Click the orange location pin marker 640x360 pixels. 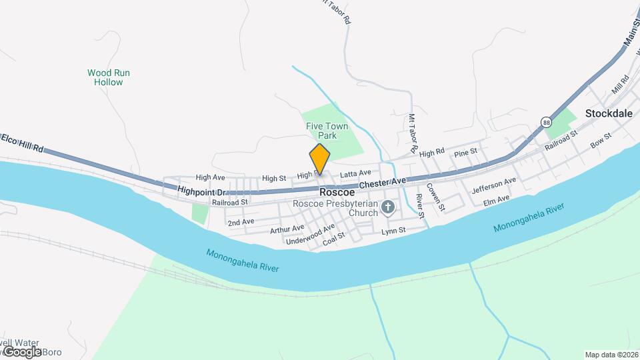click(320, 159)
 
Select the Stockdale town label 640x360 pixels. click(608, 113)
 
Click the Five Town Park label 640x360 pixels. click(327, 131)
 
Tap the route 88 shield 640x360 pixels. click(547, 123)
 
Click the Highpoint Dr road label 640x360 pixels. click(203, 191)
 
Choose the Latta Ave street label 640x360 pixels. click(355, 173)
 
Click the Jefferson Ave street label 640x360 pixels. click(494, 185)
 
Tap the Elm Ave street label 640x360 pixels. click(496, 199)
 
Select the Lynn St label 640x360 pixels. click(393, 231)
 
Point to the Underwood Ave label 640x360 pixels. click(310, 235)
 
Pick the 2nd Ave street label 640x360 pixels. click(241, 221)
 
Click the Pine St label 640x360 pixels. click(465, 152)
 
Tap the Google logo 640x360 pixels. click(22, 351)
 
